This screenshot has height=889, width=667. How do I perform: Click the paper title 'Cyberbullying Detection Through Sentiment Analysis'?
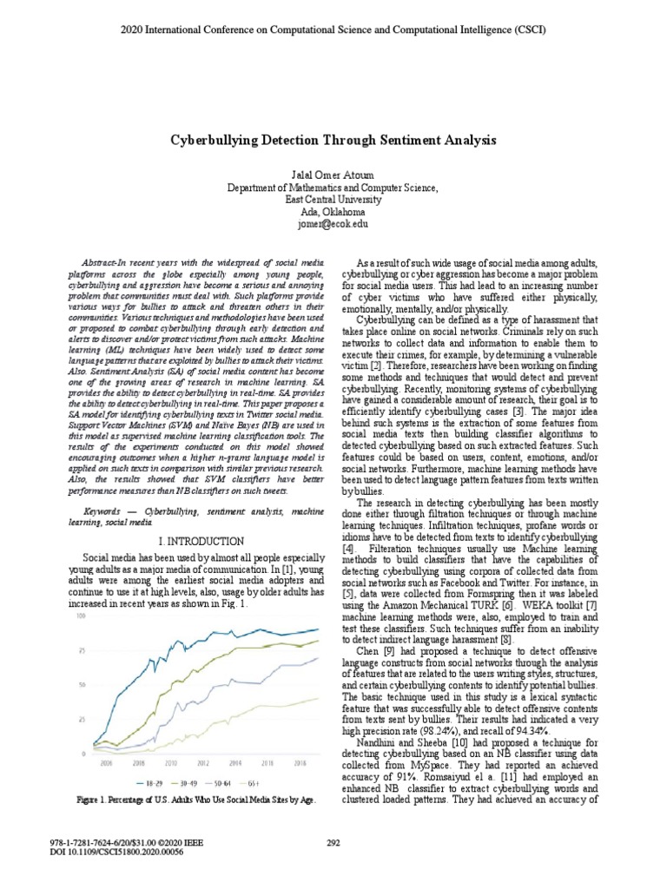pyautogui.click(x=333, y=139)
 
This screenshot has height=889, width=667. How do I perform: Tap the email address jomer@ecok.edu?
pyautogui.click(x=333, y=223)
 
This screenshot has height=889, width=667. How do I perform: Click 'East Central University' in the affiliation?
pyautogui.click(x=333, y=199)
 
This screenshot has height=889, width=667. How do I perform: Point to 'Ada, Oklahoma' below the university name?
pyautogui.click(x=333, y=211)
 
